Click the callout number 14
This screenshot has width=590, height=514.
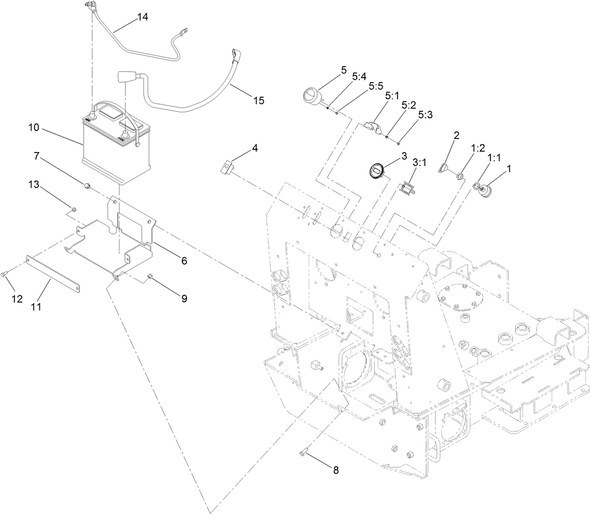tap(142, 17)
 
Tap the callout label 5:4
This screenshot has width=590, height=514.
tap(359, 77)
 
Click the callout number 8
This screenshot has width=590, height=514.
tap(335, 470)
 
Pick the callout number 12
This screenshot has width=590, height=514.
tap(17, 299)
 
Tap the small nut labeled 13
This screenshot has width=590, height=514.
tap(73, 210)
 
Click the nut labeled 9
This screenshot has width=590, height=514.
tap(151, 276)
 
